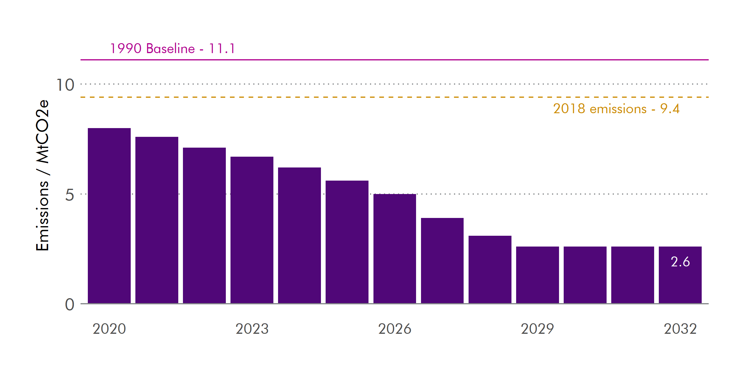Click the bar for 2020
click(109, 216)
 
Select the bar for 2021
click(157, 220)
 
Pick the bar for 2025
click(347, 242)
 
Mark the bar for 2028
click(490, 270)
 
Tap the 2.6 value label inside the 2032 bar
click(680, 262)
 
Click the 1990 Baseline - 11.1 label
click(172, 48)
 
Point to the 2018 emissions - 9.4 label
click(616, 109)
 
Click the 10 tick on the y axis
click(65, 85)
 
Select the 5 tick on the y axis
click(69, 195)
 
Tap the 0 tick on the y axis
click(69, 305)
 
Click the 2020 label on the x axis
click(109, 329)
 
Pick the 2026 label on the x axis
click(394, 329)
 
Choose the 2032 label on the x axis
click(680, 329)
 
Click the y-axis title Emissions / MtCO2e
click(43, 175)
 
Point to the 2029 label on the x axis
click(537, 329)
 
